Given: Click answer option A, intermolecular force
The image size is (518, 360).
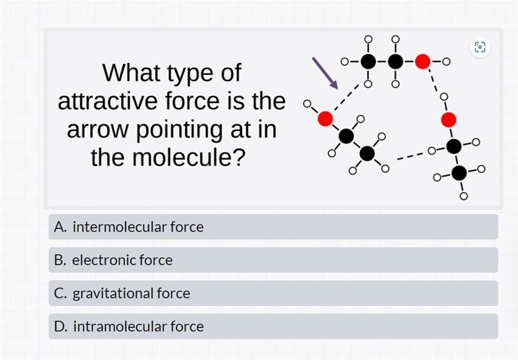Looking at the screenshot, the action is coord(273,227).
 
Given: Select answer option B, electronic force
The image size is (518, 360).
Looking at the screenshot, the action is coord(273,260).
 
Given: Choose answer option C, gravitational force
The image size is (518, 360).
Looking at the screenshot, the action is coord(273,293).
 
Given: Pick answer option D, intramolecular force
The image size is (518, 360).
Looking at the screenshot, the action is coord(273,326).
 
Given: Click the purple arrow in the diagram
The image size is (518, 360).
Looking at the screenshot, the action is coord(325,73).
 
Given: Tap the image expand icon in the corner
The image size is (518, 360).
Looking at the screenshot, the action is coord(480,47).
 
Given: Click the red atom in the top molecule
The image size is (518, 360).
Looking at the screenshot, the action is coord(423,62).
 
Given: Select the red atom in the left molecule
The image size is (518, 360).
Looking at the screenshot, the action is coord(325,118).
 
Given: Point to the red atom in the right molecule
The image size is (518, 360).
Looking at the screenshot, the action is coord(449,120).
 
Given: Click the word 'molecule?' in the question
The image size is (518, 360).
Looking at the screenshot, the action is coord(189,157).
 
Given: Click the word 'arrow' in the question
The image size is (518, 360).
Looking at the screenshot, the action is coord(97,129).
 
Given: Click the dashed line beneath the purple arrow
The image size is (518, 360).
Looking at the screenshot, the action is coord(346,97).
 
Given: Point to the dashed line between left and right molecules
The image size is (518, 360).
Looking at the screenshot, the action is coord(410,156).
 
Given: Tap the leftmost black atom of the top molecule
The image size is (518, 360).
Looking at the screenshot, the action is coord(368,62).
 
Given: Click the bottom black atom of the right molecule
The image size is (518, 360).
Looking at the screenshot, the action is coord(459,173).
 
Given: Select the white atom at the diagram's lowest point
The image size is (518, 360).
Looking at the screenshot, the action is coord(464,197).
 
